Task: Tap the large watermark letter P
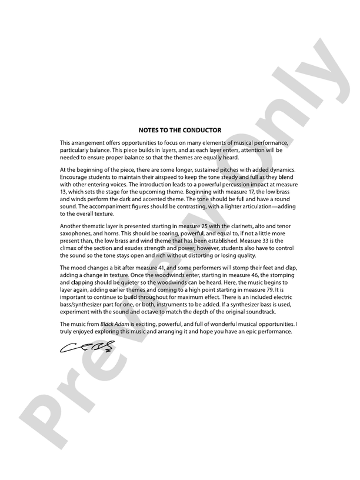click(x=47, y=412)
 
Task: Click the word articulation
click(x=245, y=205)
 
